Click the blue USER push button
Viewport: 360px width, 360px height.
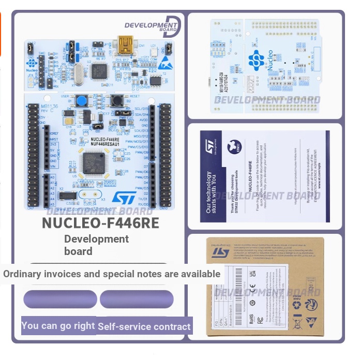(x=80, y=100)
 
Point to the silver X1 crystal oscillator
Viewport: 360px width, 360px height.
(x=79, y=75)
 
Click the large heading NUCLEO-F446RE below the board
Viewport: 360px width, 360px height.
(x=100, y=223)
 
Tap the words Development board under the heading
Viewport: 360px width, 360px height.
(x=96, y=245)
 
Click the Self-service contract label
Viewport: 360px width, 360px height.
(x=144, y=326)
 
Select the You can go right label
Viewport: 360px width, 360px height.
(x=58, y=325)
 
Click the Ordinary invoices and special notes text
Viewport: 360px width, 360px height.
(x=112, y=274)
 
